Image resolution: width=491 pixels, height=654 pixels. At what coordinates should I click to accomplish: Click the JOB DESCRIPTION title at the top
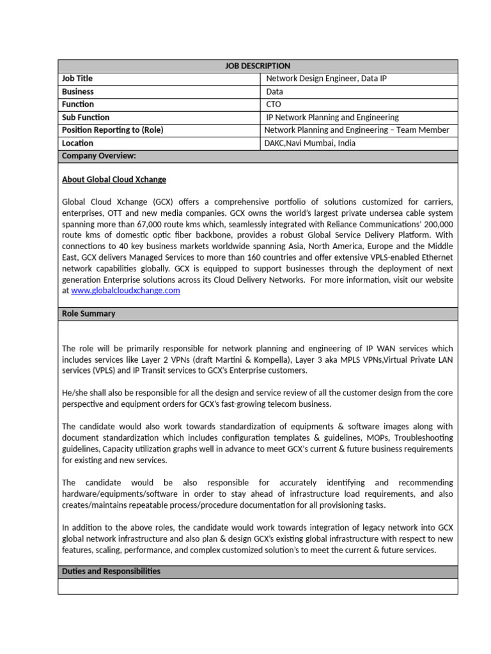click(x=258, y=66)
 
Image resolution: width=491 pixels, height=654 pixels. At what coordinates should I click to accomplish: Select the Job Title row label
click(x=77, y=79)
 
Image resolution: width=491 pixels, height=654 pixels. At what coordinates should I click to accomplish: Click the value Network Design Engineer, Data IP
click(x=326, y=79)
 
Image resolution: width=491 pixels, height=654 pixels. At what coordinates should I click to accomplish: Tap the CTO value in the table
click(x=273, y=104)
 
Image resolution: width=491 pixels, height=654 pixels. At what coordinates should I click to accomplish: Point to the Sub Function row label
click(x=86, y=118)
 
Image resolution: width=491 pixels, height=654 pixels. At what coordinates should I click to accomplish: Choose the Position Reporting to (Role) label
click(x=113, y=130)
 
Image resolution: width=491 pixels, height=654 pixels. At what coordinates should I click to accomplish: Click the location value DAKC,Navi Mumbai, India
click(x=309, y=143)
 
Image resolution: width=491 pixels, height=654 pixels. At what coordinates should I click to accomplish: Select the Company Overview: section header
click(x=99, y=156)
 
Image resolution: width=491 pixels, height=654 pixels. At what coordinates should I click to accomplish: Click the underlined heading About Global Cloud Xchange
click(x=114, y=179)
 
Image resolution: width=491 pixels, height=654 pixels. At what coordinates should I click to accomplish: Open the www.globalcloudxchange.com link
click(x=125, y=291)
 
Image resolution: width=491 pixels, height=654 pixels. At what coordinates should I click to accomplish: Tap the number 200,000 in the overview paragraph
click(x=437, y=224)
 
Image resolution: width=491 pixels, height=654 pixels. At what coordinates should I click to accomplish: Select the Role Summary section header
click(x=88, y=314)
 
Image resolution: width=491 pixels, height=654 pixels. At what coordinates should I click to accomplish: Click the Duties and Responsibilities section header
click(x=111, y=572)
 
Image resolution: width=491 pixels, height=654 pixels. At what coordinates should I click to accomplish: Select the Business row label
click(x=77, y=91)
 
